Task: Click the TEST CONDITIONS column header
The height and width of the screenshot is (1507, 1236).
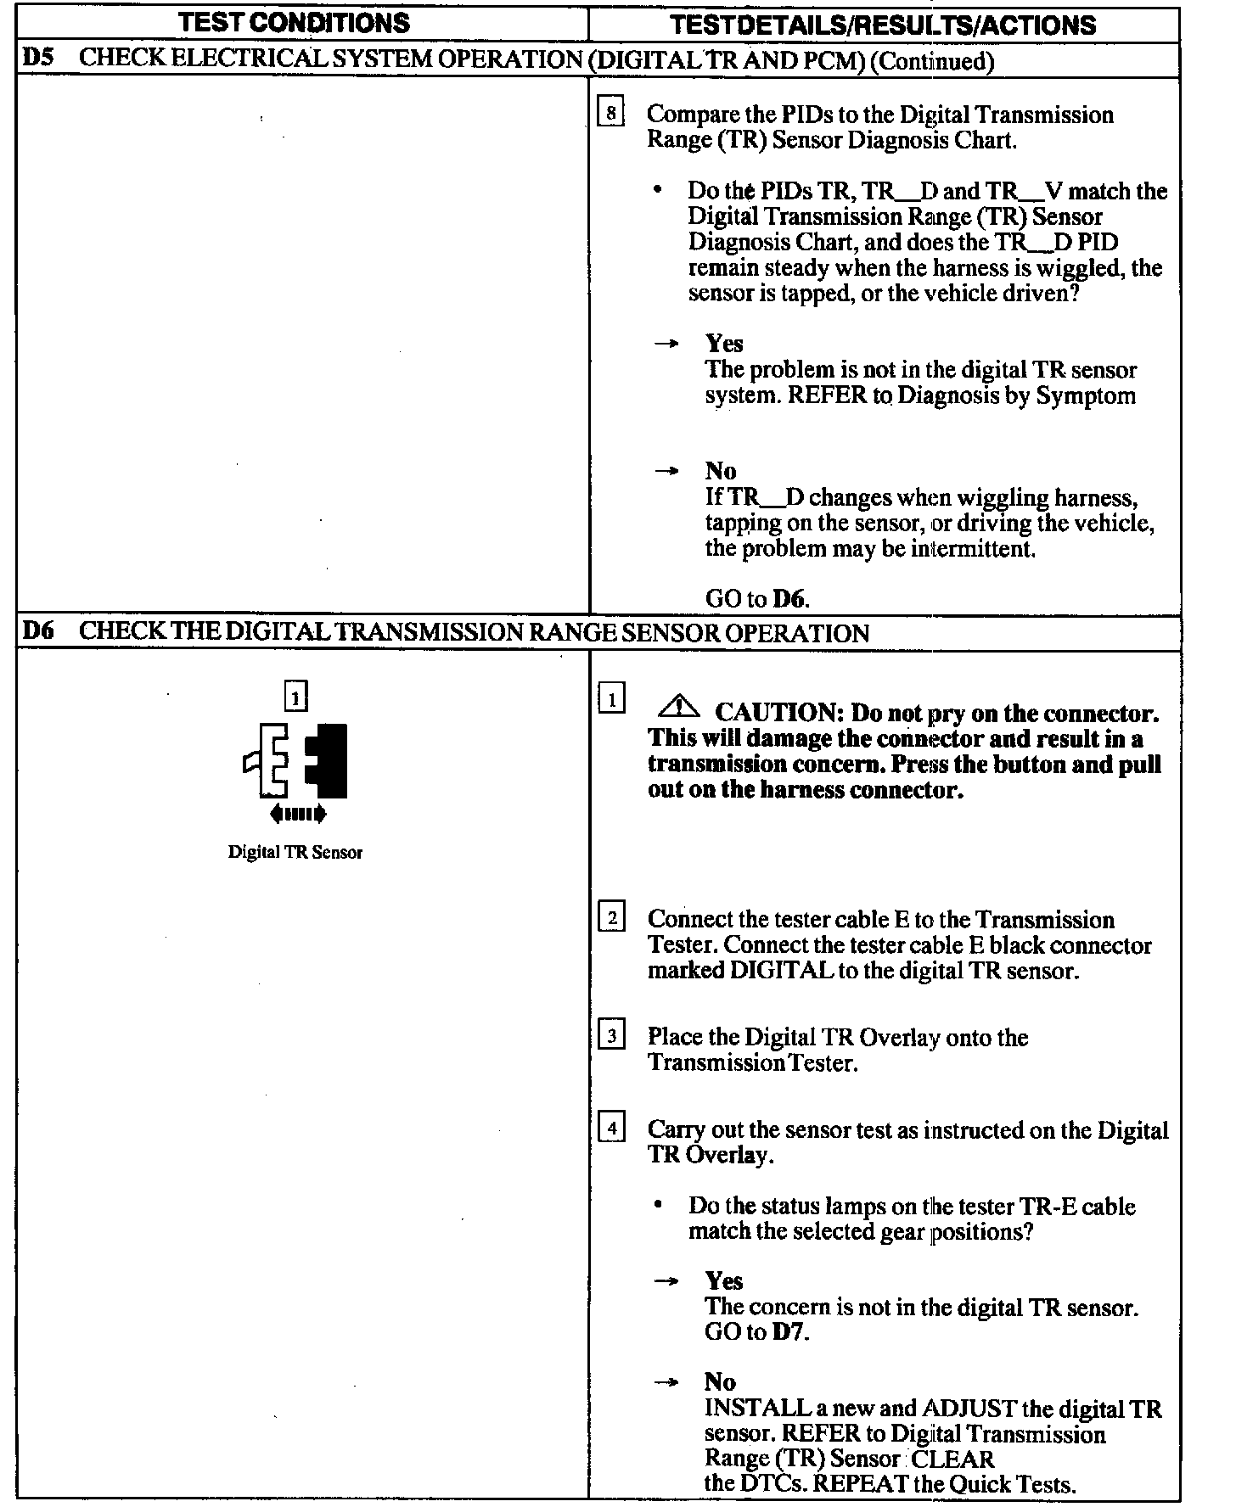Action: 295,23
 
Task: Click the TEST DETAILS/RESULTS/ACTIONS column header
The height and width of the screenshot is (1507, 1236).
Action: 883,25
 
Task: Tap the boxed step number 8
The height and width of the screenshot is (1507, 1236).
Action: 611,113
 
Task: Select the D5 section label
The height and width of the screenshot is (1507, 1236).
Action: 37,59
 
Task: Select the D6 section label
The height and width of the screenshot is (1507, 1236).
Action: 37,632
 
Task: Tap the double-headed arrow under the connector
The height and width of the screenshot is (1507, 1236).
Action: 297,815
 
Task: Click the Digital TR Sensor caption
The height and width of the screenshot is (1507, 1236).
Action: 295,853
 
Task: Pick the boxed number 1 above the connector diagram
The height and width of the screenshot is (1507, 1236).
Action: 295,697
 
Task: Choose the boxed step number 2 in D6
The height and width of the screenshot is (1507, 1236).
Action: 611,918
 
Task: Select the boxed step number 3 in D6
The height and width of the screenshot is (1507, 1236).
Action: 611,1036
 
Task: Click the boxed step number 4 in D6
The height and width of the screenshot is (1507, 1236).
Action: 611,1129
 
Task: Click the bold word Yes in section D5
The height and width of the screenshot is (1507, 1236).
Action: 724,344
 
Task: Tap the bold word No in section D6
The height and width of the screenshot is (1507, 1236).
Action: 720,1382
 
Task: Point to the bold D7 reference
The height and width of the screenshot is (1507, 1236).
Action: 789,1332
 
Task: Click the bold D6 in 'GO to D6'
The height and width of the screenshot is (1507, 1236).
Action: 789,599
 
